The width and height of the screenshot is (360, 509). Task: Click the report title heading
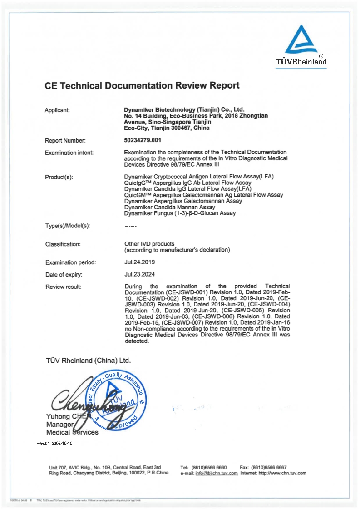(142, 85)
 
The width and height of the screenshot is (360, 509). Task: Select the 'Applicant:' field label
(57, 110)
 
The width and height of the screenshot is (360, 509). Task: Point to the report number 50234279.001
(143, 140)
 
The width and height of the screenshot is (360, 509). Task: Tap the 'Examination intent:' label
(69, 153)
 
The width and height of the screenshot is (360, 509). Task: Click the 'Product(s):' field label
(59, 177)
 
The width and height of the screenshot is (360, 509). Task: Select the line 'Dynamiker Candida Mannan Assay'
(166, 207)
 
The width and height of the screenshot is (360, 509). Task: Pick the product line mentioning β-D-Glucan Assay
(180, 213)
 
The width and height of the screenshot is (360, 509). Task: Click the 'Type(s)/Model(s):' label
(68, 226)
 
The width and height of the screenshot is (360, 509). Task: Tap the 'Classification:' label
(63, 244)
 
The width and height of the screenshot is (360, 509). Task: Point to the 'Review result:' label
(63, 287)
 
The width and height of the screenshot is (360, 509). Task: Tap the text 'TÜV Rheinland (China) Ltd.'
(88, 361)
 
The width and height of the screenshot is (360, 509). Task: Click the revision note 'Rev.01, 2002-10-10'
(54, 443)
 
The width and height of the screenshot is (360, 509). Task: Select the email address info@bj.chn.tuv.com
(217, 473)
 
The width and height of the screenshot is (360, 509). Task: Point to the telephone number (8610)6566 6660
(209, 467)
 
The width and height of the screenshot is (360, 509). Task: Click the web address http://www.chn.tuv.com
(282, 473)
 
